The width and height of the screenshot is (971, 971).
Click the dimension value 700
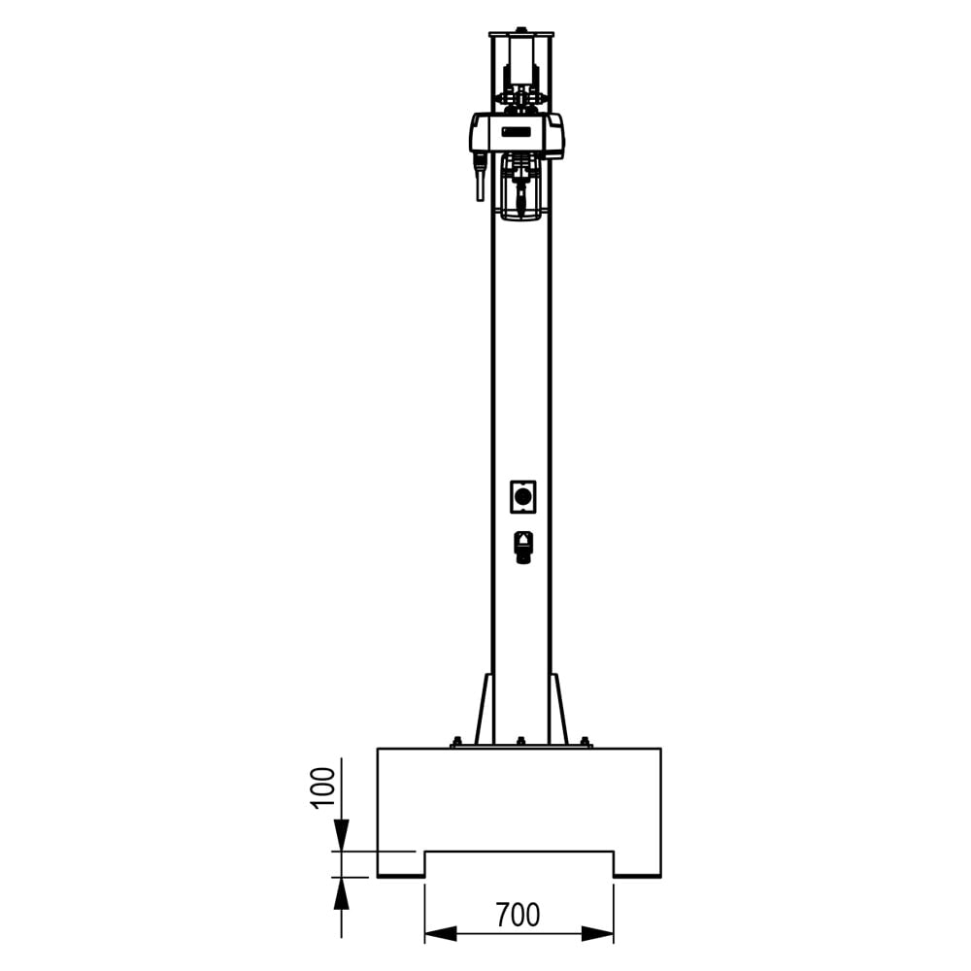click(x=518, y=915)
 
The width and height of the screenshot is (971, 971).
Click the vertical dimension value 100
click(x=323, y=787)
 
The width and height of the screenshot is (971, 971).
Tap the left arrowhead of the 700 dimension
click(x=440, y=934)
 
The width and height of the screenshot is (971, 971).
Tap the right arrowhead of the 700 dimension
click(x=598, y=934)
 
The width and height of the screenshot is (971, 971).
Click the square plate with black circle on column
click(x=523, y=497)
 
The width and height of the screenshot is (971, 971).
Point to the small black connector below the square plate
click(x=523, y=548)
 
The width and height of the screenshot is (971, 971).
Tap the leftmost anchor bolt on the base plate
click(x=455, y=742)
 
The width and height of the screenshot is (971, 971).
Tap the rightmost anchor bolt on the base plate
click(x=585, y=742)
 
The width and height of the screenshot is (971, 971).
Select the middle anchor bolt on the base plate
click(x=520, y=742)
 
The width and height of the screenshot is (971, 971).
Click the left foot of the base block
click(x=401, y=864)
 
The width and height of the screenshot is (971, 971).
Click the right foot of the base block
click(x=637, y=864)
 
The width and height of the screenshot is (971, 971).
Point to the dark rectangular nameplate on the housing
click(x=517, y=131)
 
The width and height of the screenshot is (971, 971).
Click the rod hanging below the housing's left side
click(x=480, y=180)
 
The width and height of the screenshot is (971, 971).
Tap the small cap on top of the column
click(x=521, y=30)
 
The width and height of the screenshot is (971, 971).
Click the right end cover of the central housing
click(x=555, y=134)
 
